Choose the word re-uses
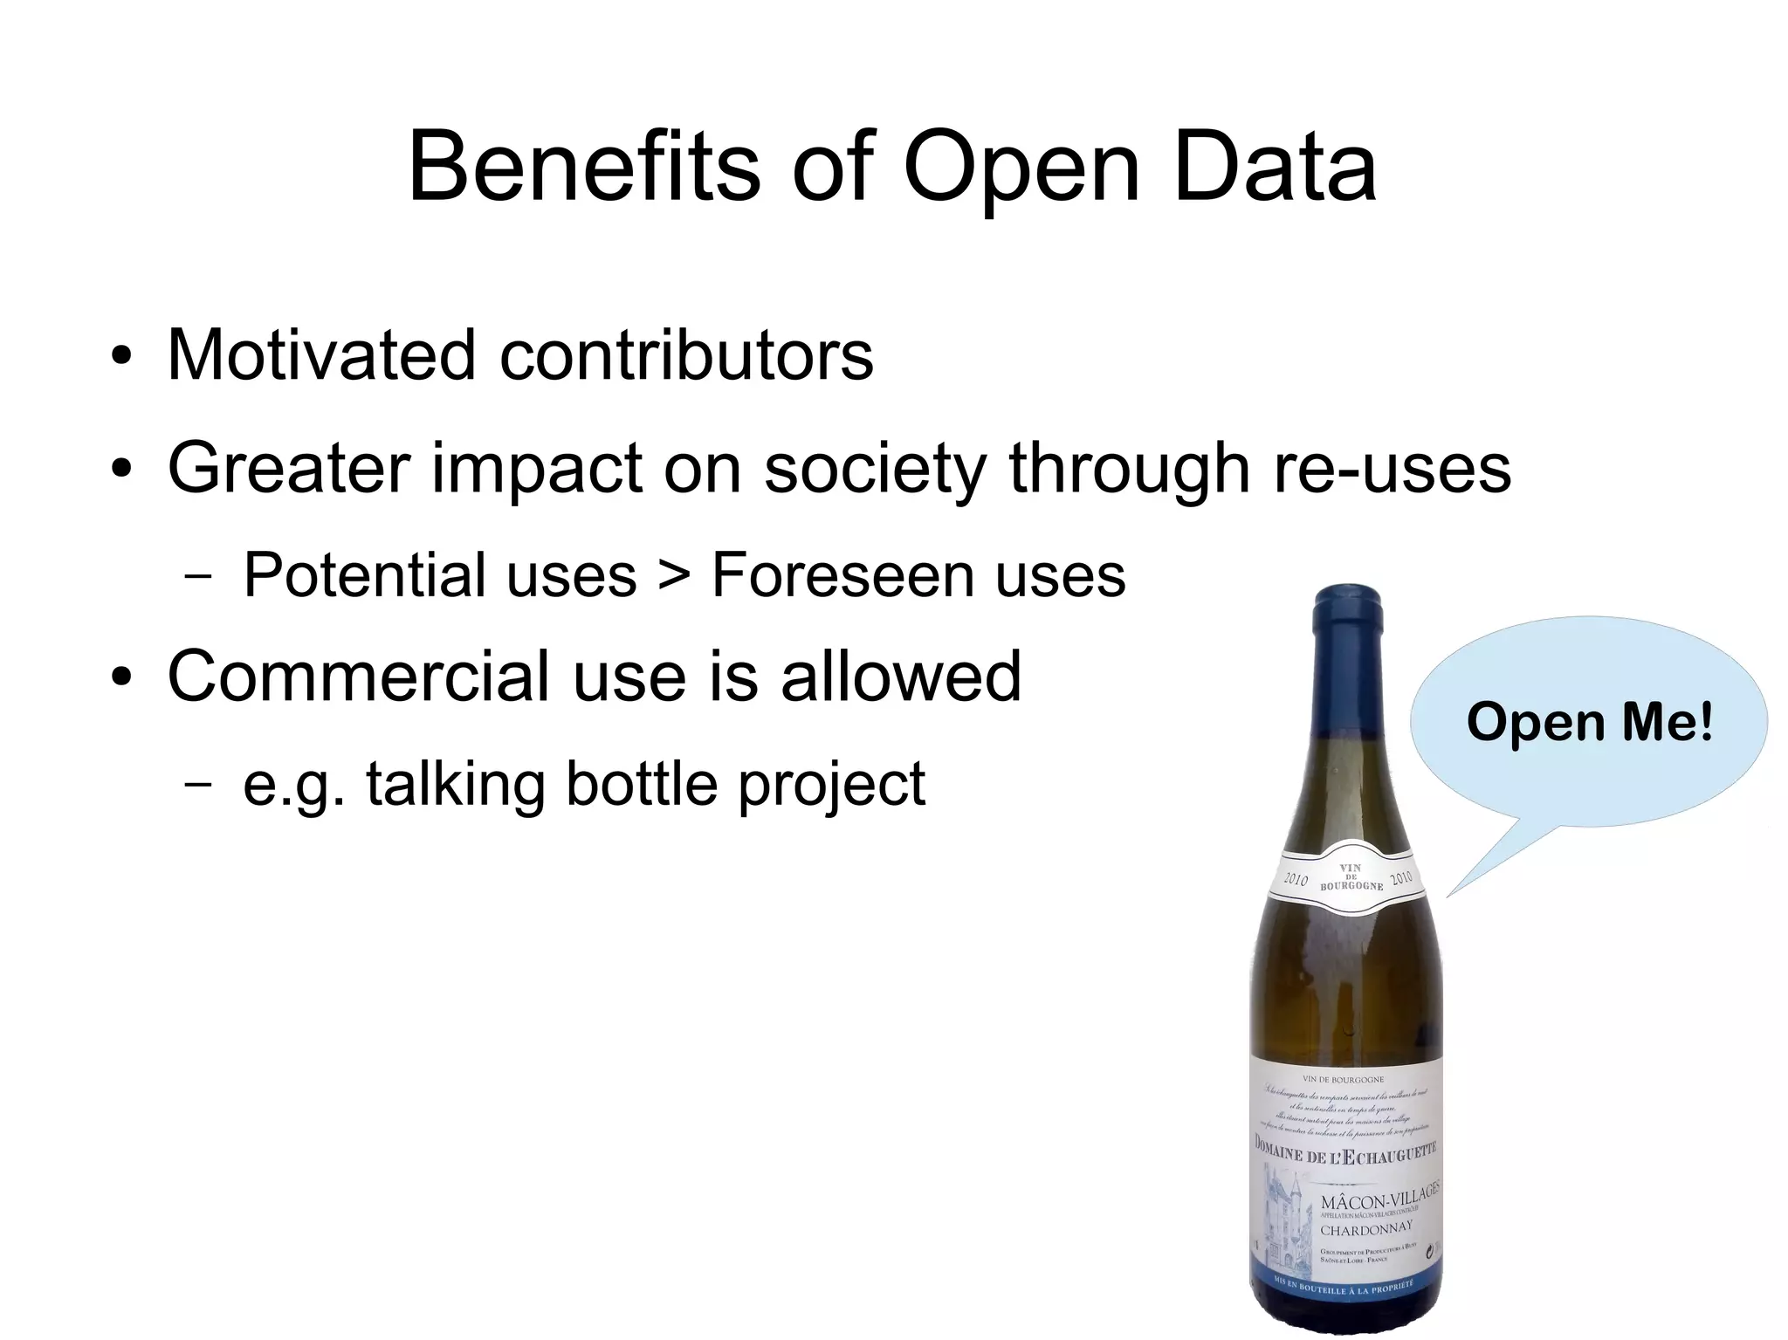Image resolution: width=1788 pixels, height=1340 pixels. coord(1392,469)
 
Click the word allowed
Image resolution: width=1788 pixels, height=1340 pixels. coord(901,676)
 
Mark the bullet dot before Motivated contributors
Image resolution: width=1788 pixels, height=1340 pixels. coord(122,358)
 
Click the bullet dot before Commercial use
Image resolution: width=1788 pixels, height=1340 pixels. coord(122,678)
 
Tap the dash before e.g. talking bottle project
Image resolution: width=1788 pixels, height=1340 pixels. coord(198,784)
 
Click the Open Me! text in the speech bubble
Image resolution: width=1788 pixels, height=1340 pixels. coord(1590,723)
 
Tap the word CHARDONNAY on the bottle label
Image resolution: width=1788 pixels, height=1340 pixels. coord(1365,1229)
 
